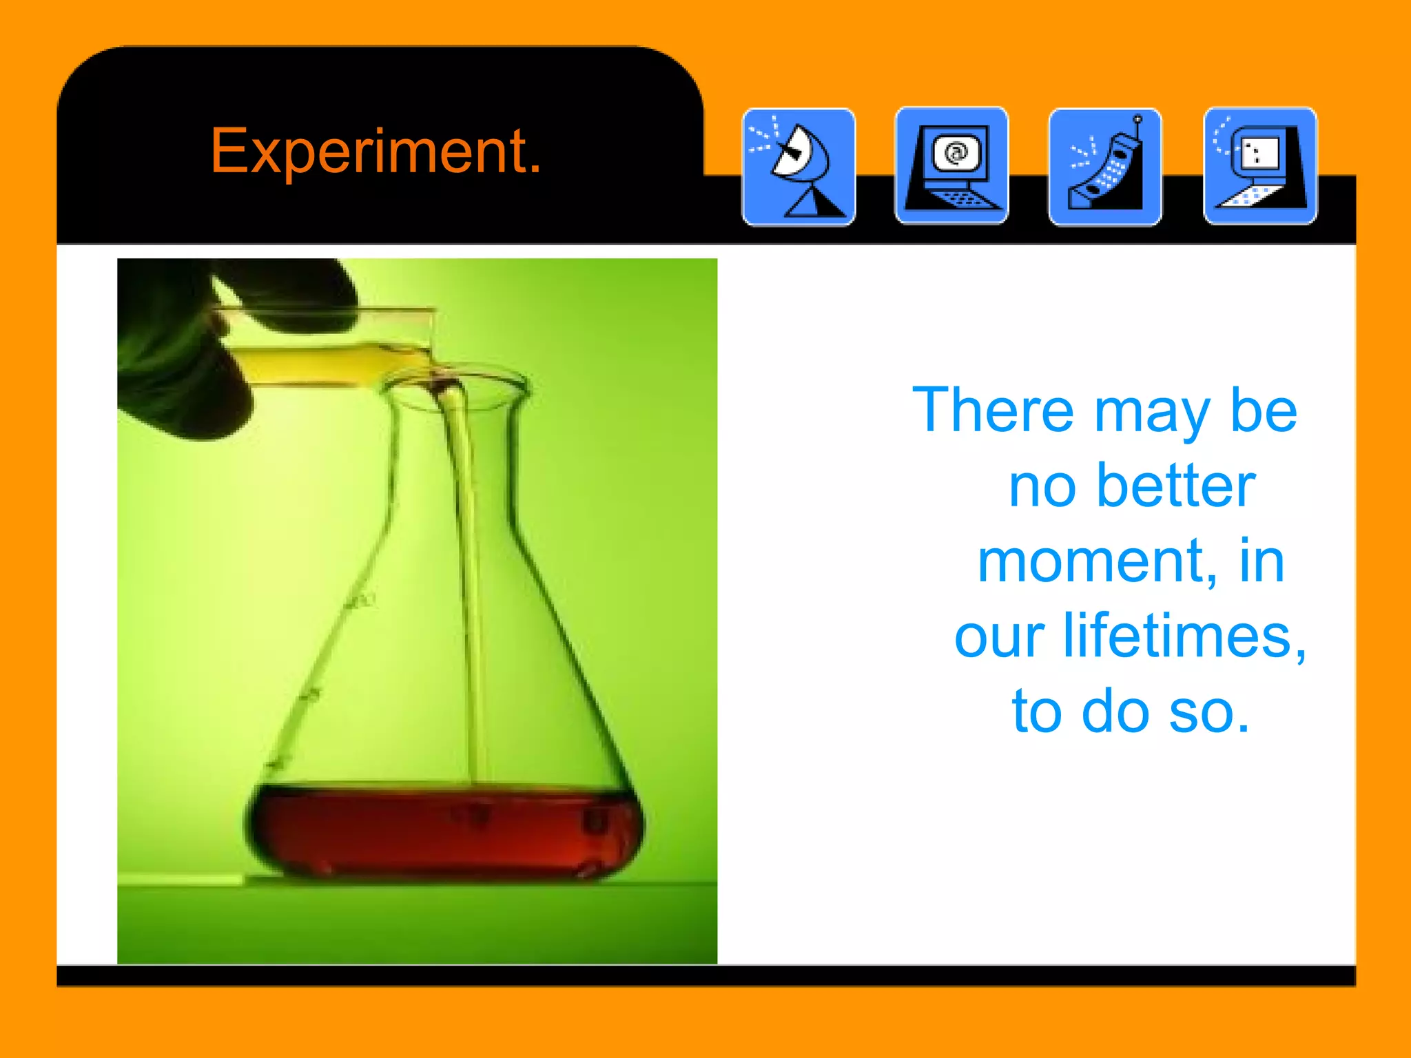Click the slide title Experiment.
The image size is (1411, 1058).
[x=375, y=151]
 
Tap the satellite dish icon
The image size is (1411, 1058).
[x=799, y=167]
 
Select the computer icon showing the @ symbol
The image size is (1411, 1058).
[x=951, y=166]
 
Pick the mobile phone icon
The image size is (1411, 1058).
[x=1105, y=167]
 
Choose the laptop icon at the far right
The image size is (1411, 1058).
[x=1260, y=166]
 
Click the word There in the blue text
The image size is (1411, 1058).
[x=993, y=411]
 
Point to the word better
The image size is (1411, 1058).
[x=1177, y=486]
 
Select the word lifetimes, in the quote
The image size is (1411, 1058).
[x=1184, y=636]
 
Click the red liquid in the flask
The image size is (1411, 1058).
[x=441, y=830]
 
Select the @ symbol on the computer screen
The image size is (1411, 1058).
[x=956, y=152]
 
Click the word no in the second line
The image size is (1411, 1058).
[x=1042, y=487]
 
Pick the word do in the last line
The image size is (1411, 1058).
[x=1115, y=712]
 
